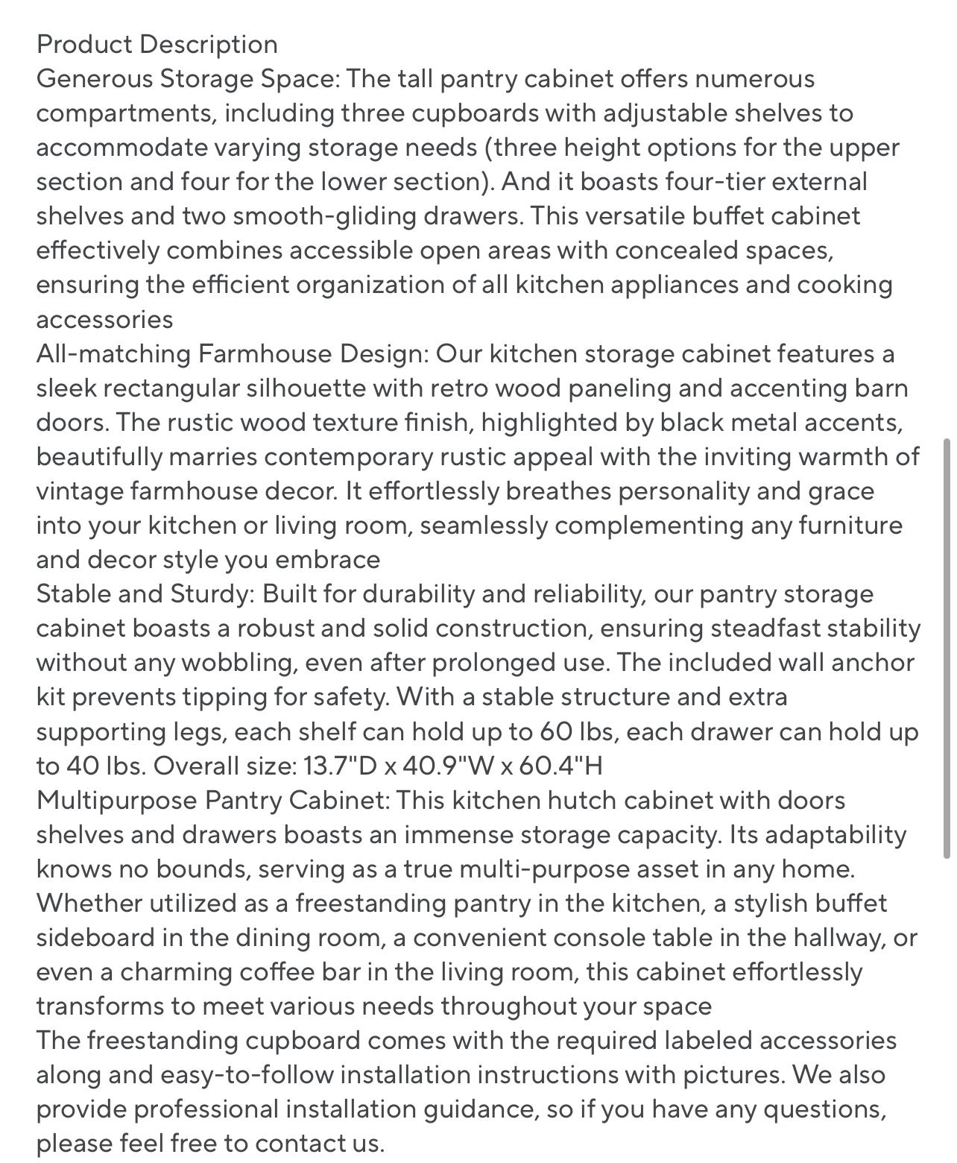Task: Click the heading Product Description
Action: [157, 44]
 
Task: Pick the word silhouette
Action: [305, 388]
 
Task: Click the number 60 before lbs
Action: [556, 731]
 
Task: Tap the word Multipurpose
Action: [116, 800]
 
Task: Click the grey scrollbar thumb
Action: [947, 649]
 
